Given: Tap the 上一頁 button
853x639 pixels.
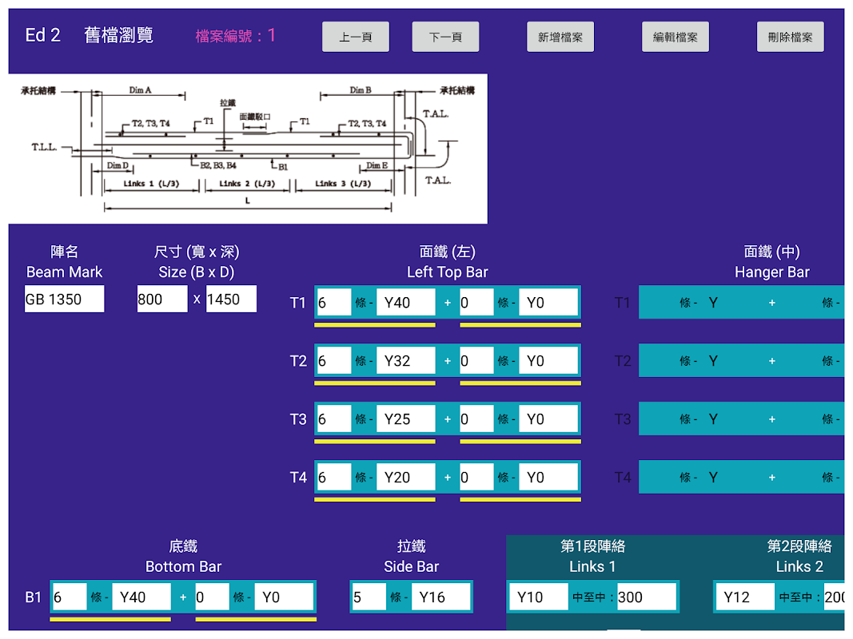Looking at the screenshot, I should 356,37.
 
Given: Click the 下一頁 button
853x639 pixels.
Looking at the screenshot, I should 445,37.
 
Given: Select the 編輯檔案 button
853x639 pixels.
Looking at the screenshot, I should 676,37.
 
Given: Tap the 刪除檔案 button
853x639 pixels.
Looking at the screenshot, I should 790,37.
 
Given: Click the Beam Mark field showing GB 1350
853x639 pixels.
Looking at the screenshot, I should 64,299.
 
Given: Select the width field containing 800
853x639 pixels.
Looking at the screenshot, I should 162,299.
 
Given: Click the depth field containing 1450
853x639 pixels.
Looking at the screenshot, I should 231,299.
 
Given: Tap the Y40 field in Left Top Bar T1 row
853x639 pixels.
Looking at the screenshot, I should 405,303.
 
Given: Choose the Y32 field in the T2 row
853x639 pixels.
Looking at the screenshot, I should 405,361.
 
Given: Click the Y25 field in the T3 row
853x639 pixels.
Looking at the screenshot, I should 405,419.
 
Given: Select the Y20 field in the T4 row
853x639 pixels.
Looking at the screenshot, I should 405,478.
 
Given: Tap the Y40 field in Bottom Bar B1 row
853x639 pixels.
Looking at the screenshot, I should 141,597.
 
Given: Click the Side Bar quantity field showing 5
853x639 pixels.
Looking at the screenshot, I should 368,597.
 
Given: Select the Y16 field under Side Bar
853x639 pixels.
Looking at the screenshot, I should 440,597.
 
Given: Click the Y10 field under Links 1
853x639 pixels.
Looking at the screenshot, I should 538,597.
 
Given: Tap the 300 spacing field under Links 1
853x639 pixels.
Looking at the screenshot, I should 646,597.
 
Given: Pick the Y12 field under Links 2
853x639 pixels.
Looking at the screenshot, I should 744,597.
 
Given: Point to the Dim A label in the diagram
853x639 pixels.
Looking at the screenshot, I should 140,90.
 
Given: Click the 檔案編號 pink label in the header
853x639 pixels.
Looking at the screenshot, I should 229,36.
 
